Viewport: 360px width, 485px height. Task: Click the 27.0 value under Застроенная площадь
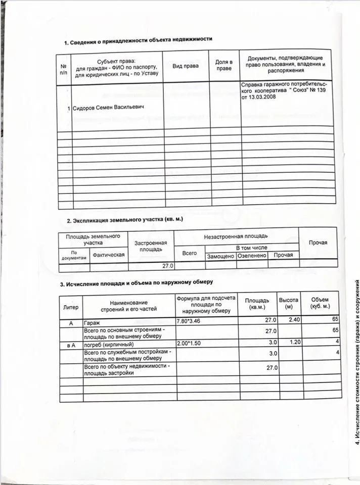coord(167,265)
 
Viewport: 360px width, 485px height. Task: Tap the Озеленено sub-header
coord(251,256)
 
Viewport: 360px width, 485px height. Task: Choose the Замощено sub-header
coord(220,256)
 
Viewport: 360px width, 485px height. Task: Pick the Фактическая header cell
coord(107,255)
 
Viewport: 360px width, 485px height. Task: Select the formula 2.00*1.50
coord(190,343)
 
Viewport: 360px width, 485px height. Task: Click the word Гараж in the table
coord(92,322)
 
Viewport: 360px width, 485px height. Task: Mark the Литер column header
coord(71,307)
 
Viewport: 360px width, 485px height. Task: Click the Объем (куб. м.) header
coord(320,303)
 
